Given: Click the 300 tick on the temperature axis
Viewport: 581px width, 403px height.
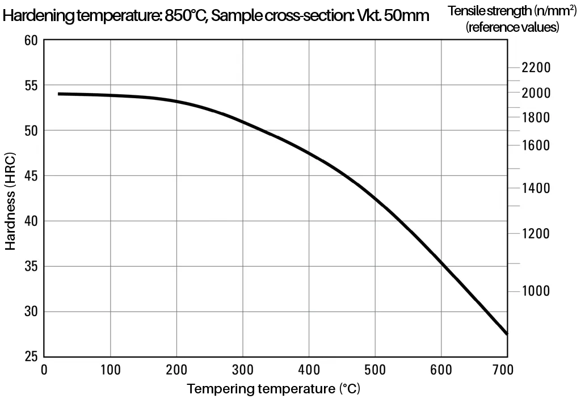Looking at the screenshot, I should coord(243,370).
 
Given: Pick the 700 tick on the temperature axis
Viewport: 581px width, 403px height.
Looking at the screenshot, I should coord(503,370).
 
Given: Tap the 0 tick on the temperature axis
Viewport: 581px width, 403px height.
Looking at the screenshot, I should coord(44,370).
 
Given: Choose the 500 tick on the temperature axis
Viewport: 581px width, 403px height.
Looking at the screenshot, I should coord(375,370).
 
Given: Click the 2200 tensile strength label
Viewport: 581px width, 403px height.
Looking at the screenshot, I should coord(536,68).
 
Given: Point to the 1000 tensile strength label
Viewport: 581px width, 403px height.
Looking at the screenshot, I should coord(536,291).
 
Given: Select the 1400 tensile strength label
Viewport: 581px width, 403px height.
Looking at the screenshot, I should coord(536,188).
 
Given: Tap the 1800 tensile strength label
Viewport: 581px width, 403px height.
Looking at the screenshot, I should coord(536,117).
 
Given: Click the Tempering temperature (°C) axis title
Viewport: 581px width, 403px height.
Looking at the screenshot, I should coord(273,389).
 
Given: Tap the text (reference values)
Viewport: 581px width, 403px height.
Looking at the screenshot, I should coord(512,27).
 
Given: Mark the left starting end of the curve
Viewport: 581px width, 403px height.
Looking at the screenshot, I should coord(59,94).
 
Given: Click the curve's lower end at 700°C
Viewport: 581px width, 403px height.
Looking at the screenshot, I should coord(506,334).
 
